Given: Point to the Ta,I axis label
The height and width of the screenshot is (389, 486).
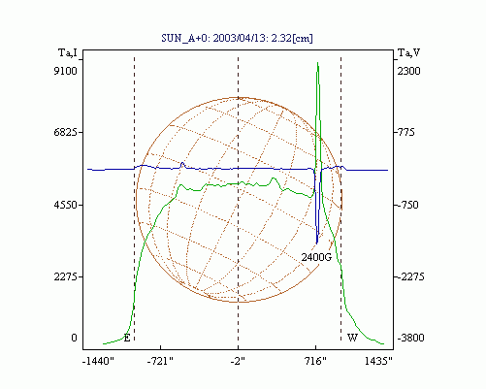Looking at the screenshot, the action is tap(68, 52).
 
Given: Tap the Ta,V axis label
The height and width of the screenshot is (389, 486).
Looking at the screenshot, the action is tap(409, 52).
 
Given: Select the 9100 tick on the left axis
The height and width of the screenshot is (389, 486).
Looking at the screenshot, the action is tap(66, 71).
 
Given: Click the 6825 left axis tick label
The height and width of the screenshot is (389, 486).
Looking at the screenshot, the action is tap(66, 132).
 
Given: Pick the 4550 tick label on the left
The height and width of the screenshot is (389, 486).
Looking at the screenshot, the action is tap(66, 205).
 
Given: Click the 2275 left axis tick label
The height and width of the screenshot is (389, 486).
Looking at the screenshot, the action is tap(66, 276).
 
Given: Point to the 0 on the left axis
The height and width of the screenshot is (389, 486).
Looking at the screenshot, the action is tap(74, 338).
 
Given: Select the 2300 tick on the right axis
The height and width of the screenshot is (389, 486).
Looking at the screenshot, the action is tap(408, 71).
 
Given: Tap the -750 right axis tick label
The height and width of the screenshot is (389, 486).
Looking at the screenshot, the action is tap(406, 205).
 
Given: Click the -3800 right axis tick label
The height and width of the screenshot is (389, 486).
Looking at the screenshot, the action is tap(410, 338).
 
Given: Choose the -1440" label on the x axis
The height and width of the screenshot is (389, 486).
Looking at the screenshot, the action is tap(99, 361).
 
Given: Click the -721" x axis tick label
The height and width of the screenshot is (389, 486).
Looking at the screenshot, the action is tap(160, 361).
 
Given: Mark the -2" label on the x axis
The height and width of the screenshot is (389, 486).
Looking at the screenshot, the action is tap(238, 361).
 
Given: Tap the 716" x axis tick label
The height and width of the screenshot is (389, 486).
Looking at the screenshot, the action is tap(315, 361).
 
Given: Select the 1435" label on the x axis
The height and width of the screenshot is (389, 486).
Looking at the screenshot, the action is tap(378, 361).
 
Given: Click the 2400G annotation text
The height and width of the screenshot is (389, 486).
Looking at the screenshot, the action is tap(316, 257).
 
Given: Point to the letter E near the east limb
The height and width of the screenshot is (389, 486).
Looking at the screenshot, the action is tap(127, 339).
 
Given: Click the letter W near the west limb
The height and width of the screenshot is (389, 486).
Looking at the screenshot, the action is tap(352, 338).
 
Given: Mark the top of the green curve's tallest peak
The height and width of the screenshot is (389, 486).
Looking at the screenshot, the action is tap(318, 62).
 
